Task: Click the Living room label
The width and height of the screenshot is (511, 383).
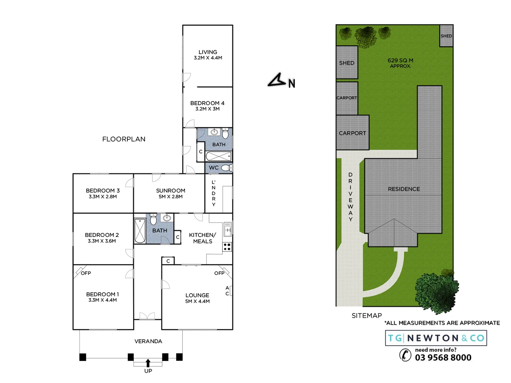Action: tap(208, 52)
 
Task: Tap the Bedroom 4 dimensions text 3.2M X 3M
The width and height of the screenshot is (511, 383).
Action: tap(207, 109)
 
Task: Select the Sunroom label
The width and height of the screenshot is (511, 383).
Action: tap(170, 190)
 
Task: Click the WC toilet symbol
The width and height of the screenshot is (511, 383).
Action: tap(226, 168)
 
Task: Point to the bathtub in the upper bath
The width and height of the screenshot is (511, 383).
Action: tap(218, 156)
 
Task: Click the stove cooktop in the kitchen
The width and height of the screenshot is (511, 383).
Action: tap(227, 247)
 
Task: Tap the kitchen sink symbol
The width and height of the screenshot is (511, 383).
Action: tap(227, 230)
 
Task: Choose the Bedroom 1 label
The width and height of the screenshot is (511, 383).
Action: tap(102, 294)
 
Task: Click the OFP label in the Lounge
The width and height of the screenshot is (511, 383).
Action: tap(219, 273)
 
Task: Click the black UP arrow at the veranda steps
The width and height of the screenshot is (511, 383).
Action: tap(148, 363)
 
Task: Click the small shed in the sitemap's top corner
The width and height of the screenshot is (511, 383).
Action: tap(446, 36)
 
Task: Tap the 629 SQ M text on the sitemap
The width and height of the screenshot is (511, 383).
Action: tap(400, 60)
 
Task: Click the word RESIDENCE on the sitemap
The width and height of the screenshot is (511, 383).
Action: tap(403, 189)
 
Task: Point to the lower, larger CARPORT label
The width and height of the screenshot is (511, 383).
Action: tap(352, 133)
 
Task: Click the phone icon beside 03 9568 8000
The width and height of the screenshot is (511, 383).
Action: tap(405, 355)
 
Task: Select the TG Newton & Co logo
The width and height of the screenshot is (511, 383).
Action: tap(436, 338)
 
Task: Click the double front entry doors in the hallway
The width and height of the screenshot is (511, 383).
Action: tap(147, 316)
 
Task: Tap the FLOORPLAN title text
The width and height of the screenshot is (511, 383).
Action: tap(123, 139)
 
